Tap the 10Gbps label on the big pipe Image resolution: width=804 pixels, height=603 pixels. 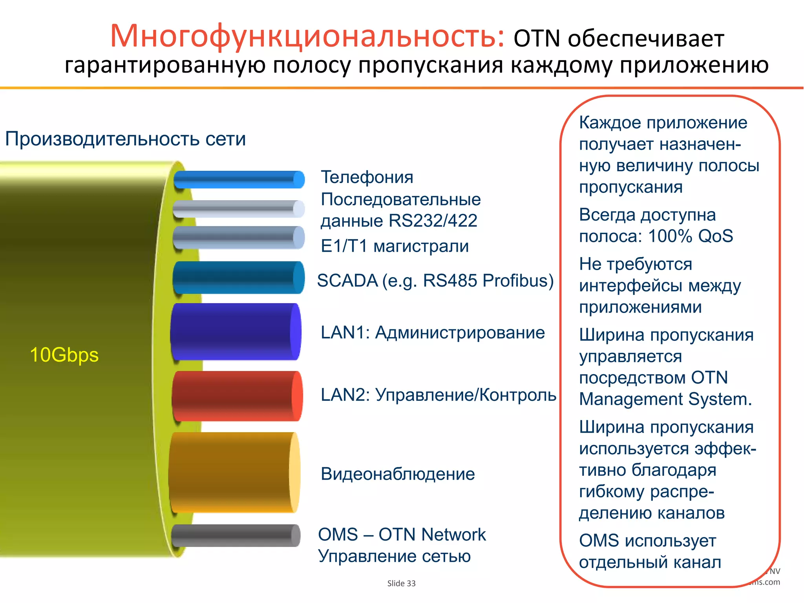click(64, 355)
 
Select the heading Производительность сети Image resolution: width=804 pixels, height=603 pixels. click(126, 139)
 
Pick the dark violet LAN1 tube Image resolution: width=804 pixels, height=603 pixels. click(236, 332)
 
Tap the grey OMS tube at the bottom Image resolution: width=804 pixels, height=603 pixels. click(236, 535)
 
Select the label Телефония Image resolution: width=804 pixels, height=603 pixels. click(367, 177)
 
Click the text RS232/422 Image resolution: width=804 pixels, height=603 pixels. click(433, 221)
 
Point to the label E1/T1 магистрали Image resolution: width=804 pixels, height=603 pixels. click(395, 246)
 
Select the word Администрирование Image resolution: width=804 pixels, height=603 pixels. click(460, 333)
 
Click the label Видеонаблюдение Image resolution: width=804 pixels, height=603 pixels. click(398, 474)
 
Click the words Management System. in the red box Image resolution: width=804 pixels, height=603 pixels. click(665, 399)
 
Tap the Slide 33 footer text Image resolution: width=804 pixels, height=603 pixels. click(401, 583)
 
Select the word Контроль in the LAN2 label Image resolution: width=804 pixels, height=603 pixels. click(518, 395)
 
